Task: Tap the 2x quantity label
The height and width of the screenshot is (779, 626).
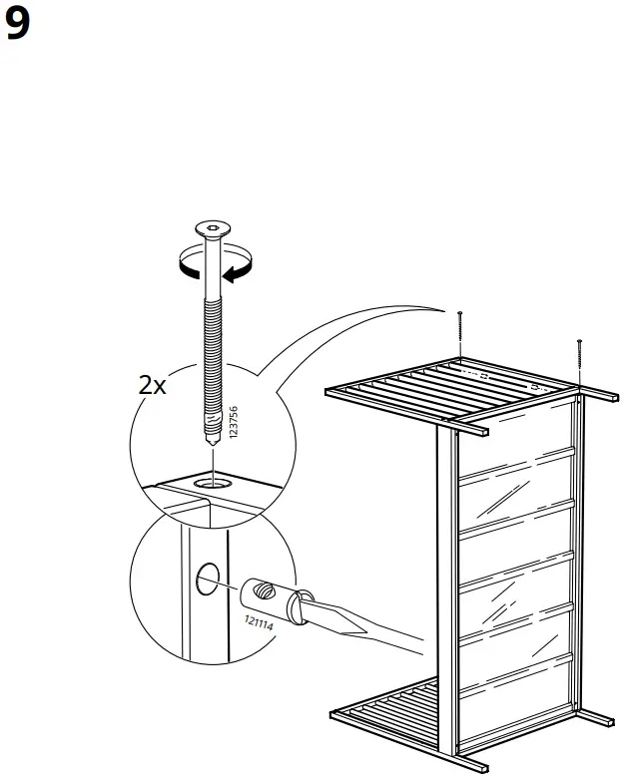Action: coord(152,386)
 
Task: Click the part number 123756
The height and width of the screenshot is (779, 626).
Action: coord(233,423)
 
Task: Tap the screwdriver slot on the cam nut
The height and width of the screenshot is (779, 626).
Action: coord(263,589)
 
